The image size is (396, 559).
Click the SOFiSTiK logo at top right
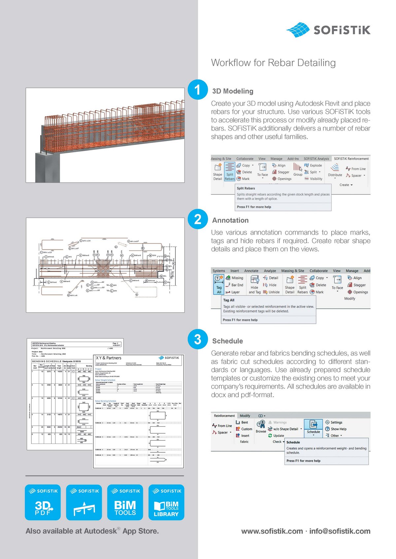328,30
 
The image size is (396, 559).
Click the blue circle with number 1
197,90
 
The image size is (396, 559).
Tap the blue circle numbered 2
197,219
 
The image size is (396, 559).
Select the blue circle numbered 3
197,339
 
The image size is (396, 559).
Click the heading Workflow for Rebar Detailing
273,63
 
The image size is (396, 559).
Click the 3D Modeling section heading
233,91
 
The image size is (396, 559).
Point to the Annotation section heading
230,220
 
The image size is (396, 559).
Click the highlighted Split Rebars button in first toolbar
230,172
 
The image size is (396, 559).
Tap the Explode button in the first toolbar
313,165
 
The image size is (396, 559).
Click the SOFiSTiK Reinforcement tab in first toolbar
351,159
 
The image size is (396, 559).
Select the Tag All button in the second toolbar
219,284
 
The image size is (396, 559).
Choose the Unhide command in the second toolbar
271,292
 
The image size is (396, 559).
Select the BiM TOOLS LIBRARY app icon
166,503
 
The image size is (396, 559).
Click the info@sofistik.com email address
340,531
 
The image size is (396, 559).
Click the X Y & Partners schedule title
109,358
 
